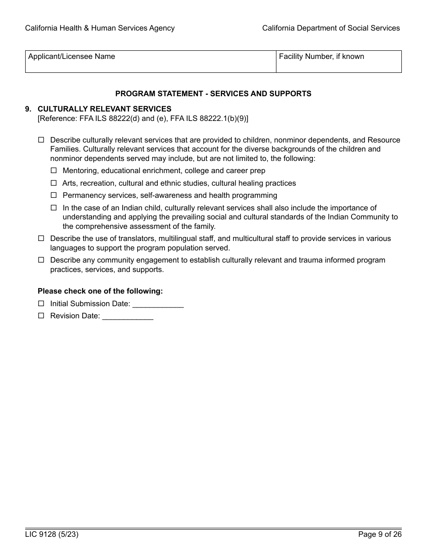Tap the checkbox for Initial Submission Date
(41, 303)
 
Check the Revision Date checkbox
(41, 316)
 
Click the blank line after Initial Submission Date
(158, 304)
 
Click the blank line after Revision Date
(128, 316)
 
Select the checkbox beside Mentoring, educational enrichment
(54, 171)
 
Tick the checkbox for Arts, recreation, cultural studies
(54, 183)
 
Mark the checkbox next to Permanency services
(54, 195)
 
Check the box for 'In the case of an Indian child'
(54, 208)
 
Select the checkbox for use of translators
(41, 238)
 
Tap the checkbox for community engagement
(41, 260)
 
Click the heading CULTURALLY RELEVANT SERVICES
(104, 109)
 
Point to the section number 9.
(28, 109)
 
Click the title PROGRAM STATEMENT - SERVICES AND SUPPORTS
(213, 94)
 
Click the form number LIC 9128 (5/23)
(49, 535)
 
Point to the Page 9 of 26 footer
(380, 535)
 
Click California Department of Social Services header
(331, 28)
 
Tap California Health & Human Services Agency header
(100, 28)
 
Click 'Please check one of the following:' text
(100, 291)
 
